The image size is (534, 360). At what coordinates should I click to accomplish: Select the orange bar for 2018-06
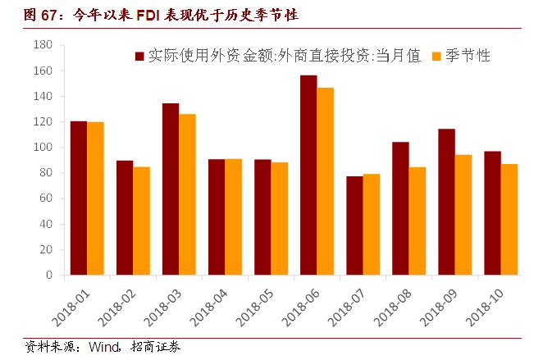pos(326,181)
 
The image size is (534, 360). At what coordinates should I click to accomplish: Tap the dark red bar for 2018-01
pos(79,198)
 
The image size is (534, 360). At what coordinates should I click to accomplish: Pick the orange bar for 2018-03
pos(188,194)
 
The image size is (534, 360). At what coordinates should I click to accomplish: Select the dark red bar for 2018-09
pos(446,202)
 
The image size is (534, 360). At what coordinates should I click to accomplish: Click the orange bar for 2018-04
pos(234,216)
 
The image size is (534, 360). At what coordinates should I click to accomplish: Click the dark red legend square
pos(140,57)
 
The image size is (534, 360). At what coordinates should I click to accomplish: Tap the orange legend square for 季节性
pos(436,57)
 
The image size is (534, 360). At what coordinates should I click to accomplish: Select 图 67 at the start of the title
pos(25,15)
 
